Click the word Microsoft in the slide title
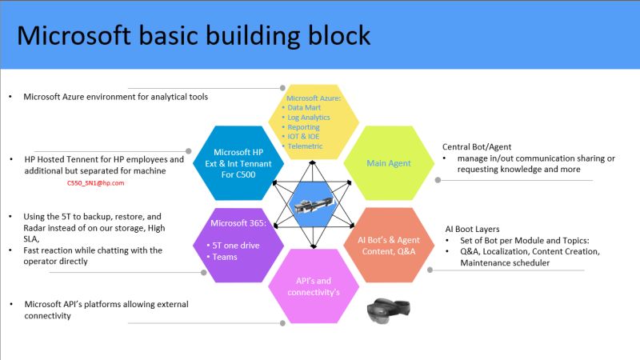click(x=74, y=35)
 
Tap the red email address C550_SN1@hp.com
click(x=95, y=183)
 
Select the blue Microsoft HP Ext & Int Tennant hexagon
click(x=238, y=163)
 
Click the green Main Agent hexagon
click(x=389, y=163)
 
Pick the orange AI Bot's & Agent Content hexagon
click(x=389, y=246)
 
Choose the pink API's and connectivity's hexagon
click(x=314, y=286)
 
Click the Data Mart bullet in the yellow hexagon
click(x=304, y=108)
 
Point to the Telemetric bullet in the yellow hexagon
click(x=305, y=146)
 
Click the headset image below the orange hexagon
click(x=389, y=310)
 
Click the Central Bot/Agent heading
click(x=477, y=147)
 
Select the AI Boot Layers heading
click(x=472, y=229)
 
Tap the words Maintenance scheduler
click(x=505, y=263)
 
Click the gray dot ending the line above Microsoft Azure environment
click(x=282, y=88)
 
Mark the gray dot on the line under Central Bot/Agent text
click(x=438, y=180)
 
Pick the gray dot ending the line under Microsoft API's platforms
click(x=282, y=323)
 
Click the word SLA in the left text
click(x=30, y=238)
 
